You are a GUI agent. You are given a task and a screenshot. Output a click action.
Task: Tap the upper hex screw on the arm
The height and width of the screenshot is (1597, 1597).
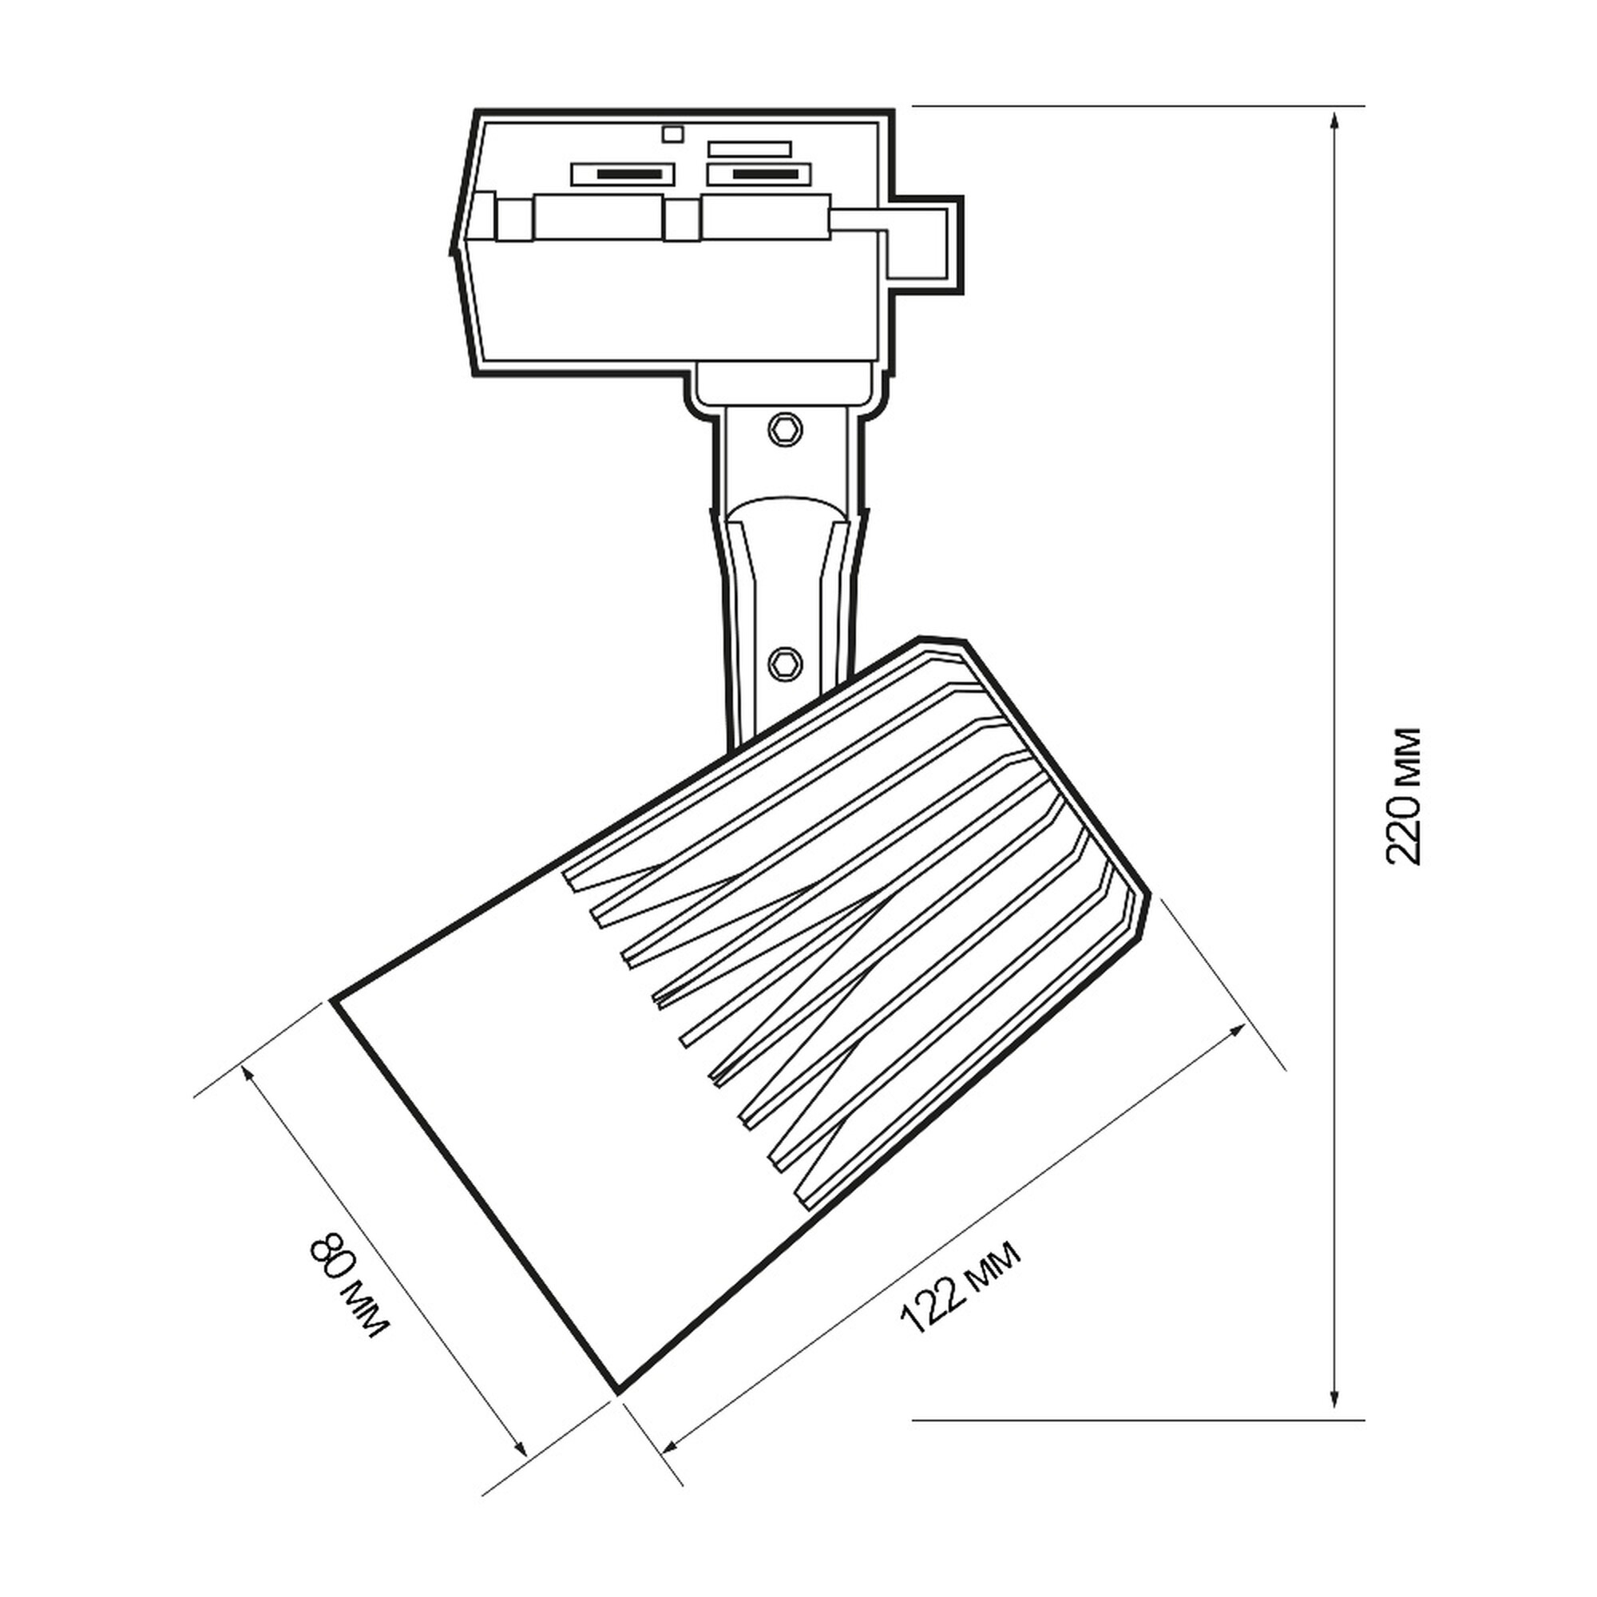click(x=784, y=429)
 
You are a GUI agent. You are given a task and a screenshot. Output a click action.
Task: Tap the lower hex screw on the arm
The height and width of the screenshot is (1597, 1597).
click(x=784, y=662)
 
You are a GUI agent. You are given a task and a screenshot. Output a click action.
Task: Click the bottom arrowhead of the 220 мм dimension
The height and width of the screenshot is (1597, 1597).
click(x=1333, y=1405)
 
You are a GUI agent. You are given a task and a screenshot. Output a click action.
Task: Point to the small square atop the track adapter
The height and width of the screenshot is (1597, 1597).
click(x=674, y=133)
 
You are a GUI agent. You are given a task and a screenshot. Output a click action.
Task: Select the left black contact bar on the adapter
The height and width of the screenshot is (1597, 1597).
click(x=630, y=174)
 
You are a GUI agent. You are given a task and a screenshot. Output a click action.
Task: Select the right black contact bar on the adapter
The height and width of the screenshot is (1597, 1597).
click(x=766, y=174)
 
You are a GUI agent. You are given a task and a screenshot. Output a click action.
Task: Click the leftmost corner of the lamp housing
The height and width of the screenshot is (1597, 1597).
click(x=333, y=1000)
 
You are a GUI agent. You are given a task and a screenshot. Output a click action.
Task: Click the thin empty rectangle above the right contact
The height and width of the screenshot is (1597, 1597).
click(x=750, y=149)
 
